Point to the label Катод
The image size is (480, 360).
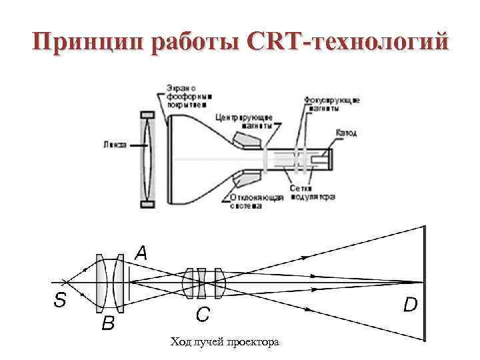(x=347, y=133)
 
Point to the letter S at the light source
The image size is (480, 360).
(x=59, y=300)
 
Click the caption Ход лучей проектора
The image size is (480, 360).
(x=225, y=342)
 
